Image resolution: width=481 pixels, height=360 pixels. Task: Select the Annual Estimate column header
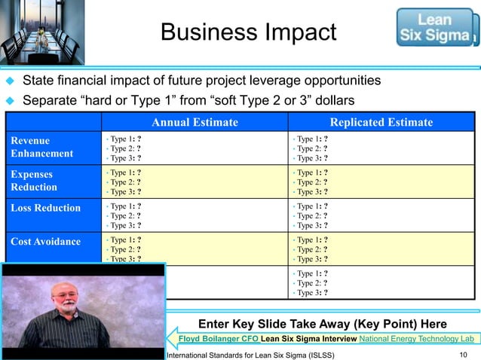pos(195,122)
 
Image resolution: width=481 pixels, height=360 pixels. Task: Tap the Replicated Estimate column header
pos(381,122)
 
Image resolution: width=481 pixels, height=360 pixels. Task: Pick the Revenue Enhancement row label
pos(41,147)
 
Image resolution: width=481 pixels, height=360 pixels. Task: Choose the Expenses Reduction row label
pos(38,180)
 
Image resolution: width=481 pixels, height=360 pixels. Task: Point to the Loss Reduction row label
pos(46,208)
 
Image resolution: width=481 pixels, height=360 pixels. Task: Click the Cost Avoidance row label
pos(46,241)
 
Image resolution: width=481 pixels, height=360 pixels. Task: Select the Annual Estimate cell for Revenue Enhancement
pos(195,148)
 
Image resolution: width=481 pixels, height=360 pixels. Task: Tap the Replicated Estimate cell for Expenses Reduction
pos(381,182)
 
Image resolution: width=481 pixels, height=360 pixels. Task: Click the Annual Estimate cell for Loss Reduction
pos(195,215)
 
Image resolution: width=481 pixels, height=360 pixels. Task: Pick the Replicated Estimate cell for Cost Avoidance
pos(381,249)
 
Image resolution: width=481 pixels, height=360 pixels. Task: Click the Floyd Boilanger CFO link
pos(218,339)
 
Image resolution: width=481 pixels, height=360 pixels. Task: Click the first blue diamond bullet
pos(11,81)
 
